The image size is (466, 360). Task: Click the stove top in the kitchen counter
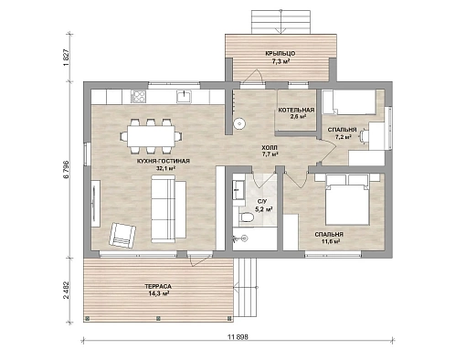[x=138, y=97]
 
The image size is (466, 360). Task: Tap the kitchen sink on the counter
[x=184, y=96]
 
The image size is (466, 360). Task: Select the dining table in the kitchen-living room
[x=151, y=136]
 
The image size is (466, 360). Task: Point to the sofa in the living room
[x=168, y=209]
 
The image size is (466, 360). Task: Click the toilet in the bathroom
[x=247, y=217]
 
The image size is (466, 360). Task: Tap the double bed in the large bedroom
[x=347, y=199]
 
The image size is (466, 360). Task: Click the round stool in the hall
[x=239, y=123]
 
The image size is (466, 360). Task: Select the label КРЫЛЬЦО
[x=281, y=54]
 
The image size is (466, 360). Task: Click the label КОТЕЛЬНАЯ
[x=296, y=110]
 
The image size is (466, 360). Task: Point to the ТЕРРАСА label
[x=158, y=287]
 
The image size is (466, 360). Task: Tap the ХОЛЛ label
[x=270, y=148]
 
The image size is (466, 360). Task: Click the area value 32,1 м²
[x=166, y=168]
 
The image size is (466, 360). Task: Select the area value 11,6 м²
[x=331, y=241]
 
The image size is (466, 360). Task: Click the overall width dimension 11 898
[x=238, y=337]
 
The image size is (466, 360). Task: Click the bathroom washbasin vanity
[x=238, y=190]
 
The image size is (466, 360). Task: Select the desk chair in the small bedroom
[x=365, y=135]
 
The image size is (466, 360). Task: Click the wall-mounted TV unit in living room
[x=95, y=204]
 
